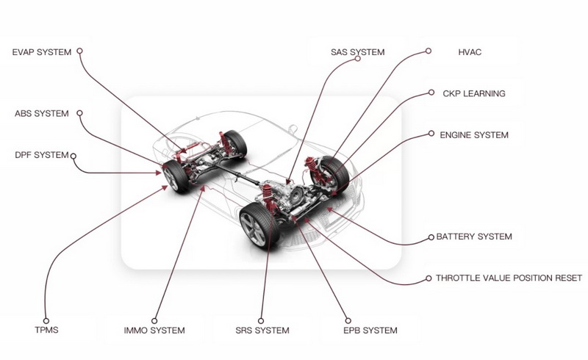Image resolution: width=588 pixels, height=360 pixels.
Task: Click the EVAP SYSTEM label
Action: point(42,52)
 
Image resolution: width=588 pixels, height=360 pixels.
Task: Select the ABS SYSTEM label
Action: point(42,114)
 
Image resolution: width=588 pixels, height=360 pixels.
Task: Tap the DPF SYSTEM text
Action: point(42,155)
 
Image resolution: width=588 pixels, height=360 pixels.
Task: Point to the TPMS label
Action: point(46,330)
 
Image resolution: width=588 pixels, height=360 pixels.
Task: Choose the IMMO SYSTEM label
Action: point(154,331)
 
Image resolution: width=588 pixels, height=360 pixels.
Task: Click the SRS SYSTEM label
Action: point(262,331)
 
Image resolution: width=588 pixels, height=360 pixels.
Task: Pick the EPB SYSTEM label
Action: point(370,331)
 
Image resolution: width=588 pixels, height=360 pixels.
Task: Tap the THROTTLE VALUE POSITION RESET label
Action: point(509,278)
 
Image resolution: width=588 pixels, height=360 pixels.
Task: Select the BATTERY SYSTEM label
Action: point(474,237)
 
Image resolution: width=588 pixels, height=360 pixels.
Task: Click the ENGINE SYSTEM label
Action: point(474,135)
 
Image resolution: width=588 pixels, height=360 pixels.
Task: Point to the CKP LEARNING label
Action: point(474,93)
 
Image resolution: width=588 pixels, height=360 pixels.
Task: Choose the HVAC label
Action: point(470,52)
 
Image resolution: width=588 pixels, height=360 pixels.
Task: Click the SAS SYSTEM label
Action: point(357,52)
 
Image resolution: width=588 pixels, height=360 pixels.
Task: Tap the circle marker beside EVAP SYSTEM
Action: point(79,51)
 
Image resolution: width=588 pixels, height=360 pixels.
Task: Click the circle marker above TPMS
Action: point(46,320)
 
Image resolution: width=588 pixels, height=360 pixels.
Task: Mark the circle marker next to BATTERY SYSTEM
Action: point(431,237)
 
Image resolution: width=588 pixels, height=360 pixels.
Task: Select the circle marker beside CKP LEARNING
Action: point(431,93)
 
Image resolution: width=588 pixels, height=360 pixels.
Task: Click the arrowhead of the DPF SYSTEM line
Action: point(158,173)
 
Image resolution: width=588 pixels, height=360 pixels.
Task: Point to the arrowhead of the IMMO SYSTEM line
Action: point(203,188)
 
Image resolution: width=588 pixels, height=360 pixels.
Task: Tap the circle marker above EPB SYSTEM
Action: point(348,320)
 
